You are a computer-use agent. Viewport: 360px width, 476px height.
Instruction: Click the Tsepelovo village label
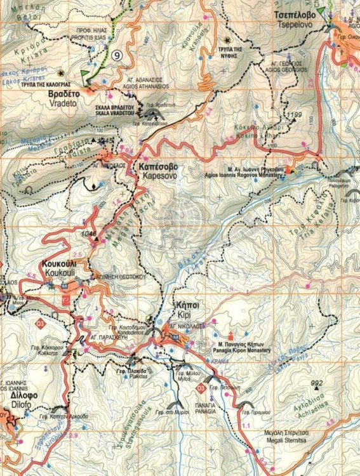click(x=291, y=18)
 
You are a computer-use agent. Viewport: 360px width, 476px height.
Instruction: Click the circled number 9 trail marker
click(x=117, y=55)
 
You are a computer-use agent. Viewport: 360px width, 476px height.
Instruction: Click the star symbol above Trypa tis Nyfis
click(x=227, y=41)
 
